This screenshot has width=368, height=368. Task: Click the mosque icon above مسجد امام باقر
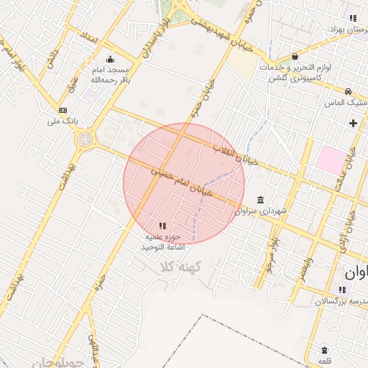pos(110,60)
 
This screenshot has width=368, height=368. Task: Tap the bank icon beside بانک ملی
pos(63,110)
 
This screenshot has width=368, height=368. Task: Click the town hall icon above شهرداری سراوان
pos(259,200)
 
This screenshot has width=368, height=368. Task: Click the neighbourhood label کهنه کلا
pos(183,267)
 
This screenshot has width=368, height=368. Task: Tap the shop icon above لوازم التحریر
pos(295,57)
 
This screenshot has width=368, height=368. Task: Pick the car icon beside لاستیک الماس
pos(348,91)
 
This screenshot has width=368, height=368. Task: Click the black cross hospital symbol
pos(353,123)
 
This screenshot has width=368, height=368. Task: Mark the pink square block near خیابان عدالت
pos(330,159)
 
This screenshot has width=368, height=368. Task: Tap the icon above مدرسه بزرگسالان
pos(342,290)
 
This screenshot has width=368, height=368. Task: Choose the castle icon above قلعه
pos(325,349)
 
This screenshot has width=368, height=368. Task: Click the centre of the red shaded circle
pos(184,184)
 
